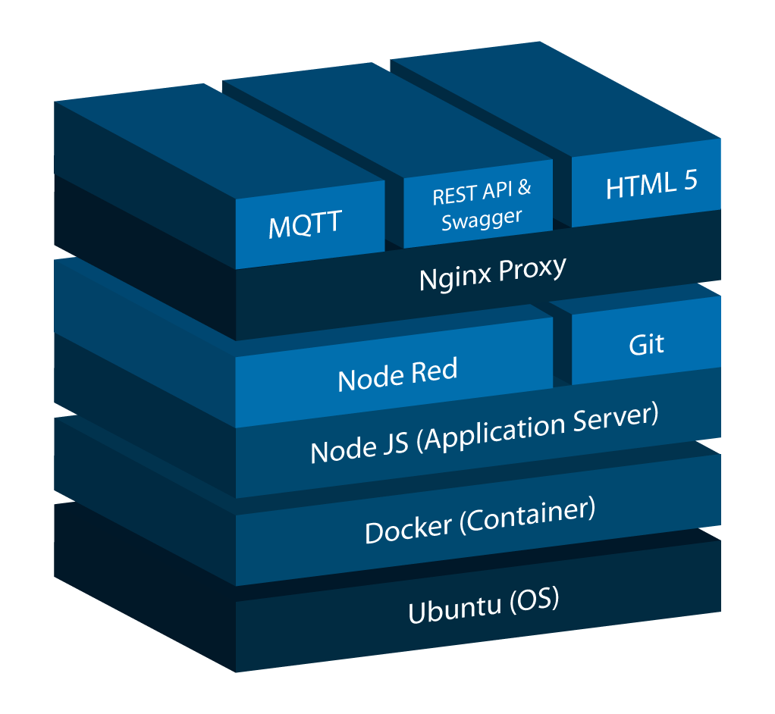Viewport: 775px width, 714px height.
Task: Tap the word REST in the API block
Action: [453, 195]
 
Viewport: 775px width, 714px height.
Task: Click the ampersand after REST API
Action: [524, 187]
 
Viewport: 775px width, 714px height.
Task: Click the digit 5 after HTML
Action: [689, 181]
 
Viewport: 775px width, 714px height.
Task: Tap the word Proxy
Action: [532, 268]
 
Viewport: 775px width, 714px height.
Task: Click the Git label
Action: [646, 345]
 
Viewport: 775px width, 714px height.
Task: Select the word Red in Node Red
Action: [435, 371]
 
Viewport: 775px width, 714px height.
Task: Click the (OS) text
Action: [535, 600]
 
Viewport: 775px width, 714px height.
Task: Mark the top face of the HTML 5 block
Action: [554, 106]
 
